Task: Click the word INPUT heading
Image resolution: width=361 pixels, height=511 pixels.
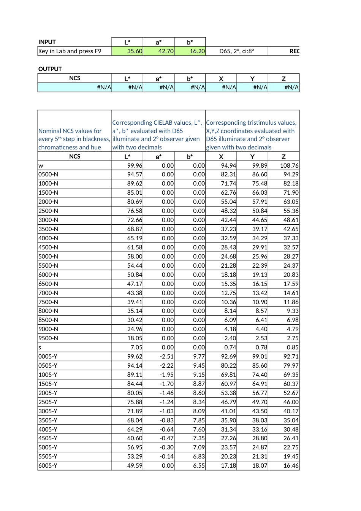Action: click(47, 42)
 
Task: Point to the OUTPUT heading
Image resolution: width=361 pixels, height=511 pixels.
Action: click(50, 69)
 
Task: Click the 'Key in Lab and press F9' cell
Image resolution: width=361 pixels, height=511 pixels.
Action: click(70, 51)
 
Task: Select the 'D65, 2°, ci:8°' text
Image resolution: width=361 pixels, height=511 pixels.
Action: click(237, 51)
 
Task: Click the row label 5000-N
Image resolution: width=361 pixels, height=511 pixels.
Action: click(48, 257)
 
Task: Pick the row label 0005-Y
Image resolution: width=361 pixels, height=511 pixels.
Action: click(48, 357)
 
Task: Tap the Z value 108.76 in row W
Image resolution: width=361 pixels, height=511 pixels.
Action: click(289, 166)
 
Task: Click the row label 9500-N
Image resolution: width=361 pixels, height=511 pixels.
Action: click(48, 338)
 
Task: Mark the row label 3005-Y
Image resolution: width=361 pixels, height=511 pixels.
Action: click(48, 411)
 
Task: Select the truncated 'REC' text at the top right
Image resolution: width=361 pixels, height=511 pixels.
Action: click(294, 51)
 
